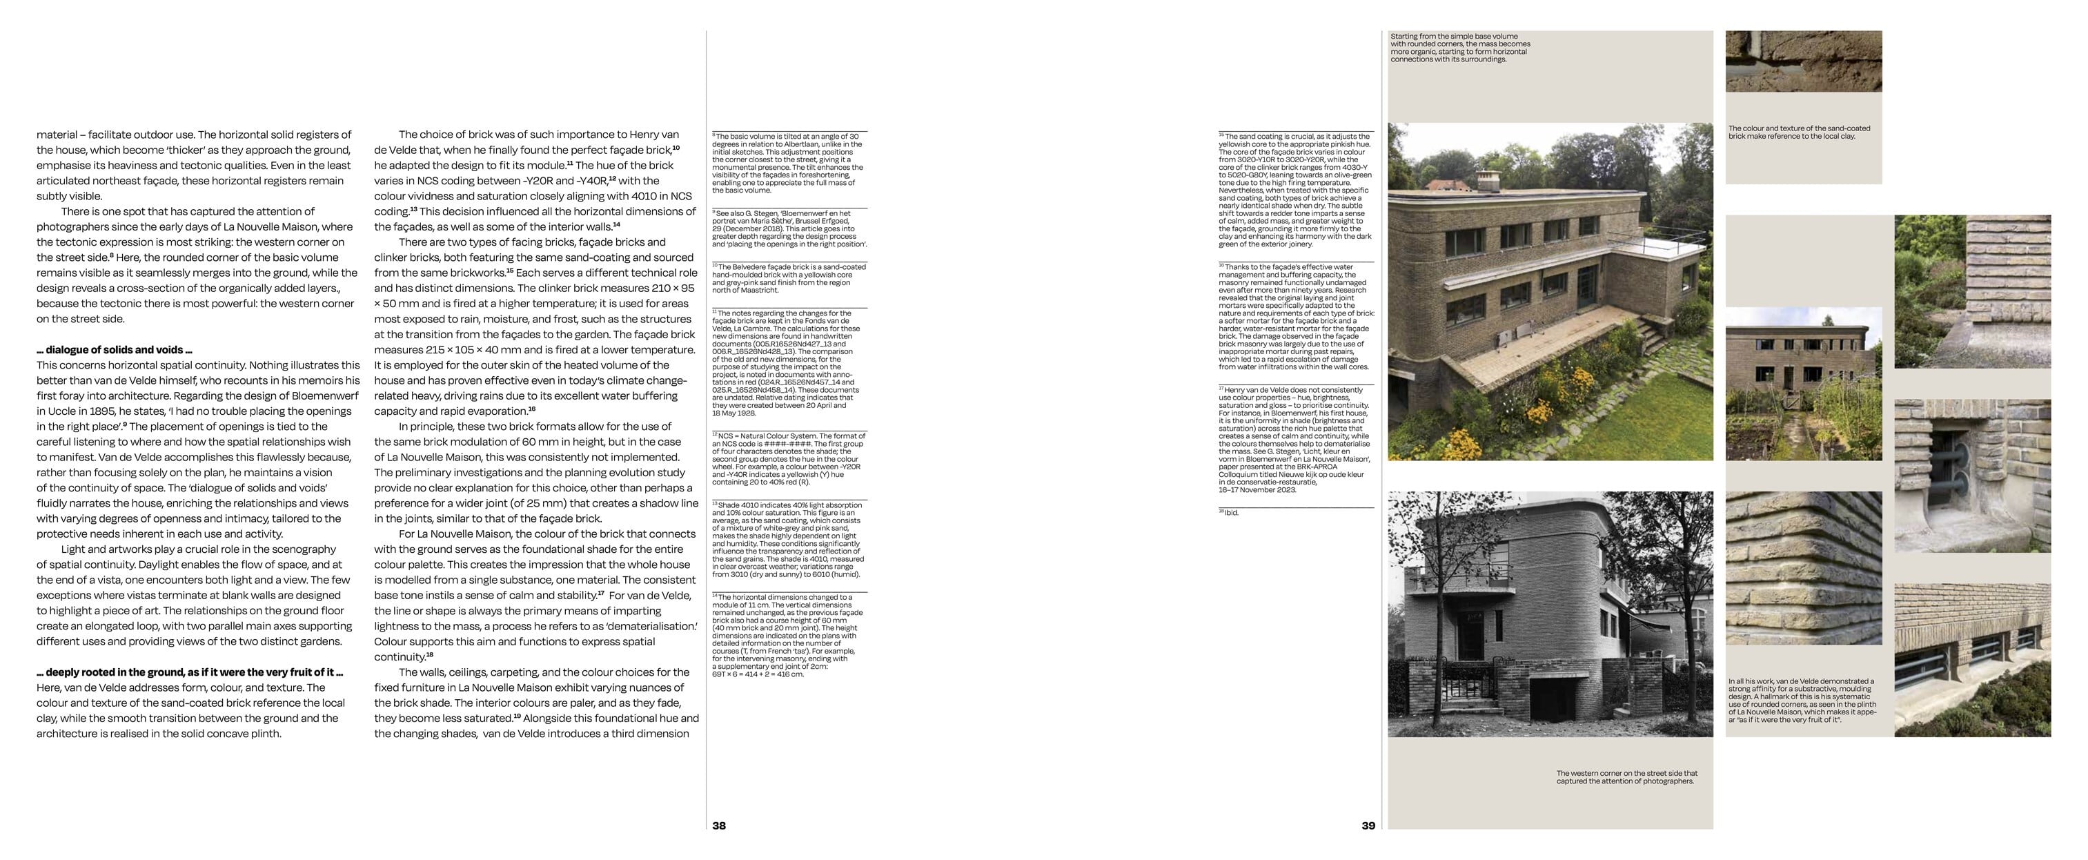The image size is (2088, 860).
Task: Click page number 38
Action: [x=719, y=826]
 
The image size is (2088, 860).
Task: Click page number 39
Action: [x=1368, y=826]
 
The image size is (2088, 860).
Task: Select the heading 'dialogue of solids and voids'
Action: [x=115, y=350]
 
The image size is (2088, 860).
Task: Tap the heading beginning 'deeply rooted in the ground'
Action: [x=190, y=672]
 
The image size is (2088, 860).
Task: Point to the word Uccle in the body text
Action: [x=52, y=411]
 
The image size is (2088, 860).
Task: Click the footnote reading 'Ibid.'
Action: [x=1230, y=512]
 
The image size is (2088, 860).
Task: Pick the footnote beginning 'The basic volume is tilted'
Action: [x=788, y=163]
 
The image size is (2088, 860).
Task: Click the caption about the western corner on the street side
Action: [x=1626, y=777]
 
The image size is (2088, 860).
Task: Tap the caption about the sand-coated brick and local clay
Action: [x=1799, y=132]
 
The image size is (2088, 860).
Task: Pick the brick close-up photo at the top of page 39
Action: [x=1803, y=61]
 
